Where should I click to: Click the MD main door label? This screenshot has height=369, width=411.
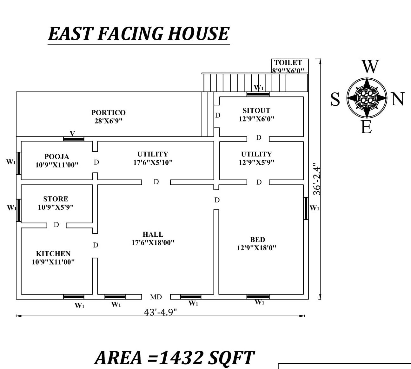point(156,297)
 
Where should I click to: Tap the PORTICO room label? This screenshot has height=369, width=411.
point(109,113)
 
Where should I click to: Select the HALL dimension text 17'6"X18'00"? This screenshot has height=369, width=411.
point(153,243)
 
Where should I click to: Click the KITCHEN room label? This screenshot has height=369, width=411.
point(53,254)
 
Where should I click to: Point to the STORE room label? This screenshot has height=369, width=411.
point(56,199)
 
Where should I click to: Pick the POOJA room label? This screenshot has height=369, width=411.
point(57,157)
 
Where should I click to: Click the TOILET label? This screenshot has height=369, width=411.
point(288,63)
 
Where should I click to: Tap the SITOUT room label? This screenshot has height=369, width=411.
point(257,110)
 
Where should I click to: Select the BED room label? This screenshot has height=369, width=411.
point(258,240)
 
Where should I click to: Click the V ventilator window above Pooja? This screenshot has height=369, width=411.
point(74,139)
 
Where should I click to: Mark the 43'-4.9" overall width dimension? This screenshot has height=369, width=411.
point(161,312)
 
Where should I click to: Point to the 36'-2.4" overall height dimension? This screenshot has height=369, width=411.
point(317,179)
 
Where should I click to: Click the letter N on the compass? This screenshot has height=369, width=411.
point(398,99)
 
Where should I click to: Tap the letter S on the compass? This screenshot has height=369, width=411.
point(335,99)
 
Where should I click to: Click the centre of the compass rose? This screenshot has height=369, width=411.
point(367,98)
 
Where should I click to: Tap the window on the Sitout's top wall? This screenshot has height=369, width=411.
point(258,94)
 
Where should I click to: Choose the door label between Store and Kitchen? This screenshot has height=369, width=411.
point(56,225)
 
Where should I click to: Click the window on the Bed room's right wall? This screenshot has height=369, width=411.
point(306,208)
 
